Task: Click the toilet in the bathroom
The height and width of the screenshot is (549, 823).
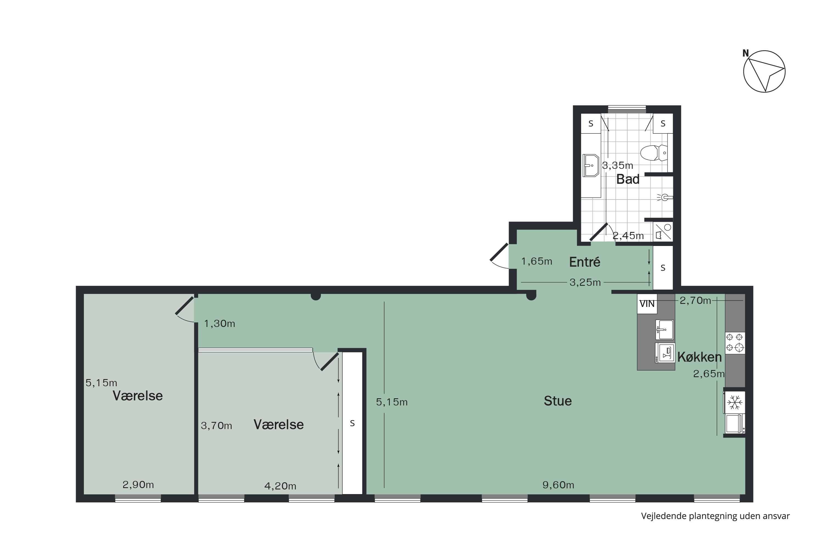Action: [653, 153]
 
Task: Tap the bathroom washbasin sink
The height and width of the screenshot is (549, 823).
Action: [591, 166]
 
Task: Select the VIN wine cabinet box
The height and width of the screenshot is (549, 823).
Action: [647, 304]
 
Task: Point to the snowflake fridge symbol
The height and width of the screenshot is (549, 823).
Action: [734, 403]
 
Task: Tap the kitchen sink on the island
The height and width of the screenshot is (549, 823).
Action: [664, 329]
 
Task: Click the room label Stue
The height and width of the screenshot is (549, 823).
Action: [557, 401]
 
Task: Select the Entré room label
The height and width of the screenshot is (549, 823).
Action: [584, 262]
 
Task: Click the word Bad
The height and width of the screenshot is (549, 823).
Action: [627, 179]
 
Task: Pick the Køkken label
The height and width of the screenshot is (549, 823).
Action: [699, 357]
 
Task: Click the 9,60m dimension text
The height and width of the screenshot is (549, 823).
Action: [558, 485]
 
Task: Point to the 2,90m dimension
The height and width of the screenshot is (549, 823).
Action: [138, 484]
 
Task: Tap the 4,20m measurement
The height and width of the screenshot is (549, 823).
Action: [280, 486]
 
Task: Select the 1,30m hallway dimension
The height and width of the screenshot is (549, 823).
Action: [219, 324]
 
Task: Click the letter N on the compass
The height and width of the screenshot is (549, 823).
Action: [745, 53]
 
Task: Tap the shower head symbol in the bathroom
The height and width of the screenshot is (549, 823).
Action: [664, 197]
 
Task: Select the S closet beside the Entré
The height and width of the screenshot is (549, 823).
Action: [663, 268]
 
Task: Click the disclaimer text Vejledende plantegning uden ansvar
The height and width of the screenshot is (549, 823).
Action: [715, 516]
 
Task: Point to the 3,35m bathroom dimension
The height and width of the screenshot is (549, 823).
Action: [618, 165]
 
